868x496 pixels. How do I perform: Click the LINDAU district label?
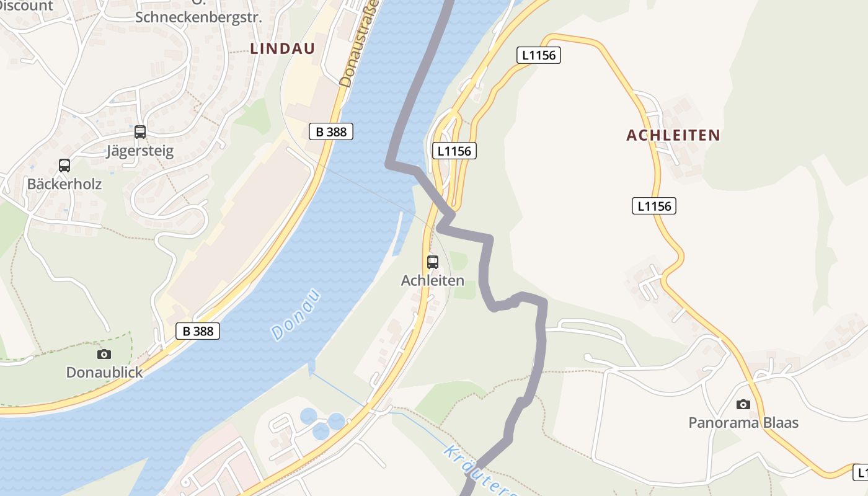283,49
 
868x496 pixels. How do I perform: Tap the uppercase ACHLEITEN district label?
673,135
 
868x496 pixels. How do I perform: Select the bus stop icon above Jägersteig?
140,131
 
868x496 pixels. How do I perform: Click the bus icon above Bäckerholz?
64,165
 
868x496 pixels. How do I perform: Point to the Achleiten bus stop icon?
433,262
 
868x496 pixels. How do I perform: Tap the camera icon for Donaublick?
104,354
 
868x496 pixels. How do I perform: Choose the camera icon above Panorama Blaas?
743,404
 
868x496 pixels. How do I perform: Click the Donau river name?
296,314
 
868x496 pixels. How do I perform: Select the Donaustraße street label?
352,43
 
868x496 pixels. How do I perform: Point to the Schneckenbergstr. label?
198,17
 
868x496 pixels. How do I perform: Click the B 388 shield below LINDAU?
331,131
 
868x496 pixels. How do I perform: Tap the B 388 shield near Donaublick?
198,331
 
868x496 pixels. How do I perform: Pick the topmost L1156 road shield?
538,55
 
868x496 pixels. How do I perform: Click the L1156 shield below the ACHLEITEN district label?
654,206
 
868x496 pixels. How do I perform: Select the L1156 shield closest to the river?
454,151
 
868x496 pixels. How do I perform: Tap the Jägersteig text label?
140,151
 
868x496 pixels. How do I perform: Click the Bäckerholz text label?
64,184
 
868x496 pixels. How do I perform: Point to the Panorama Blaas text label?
743,423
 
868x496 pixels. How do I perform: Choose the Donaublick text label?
104,373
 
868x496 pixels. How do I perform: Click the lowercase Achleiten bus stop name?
433,280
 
